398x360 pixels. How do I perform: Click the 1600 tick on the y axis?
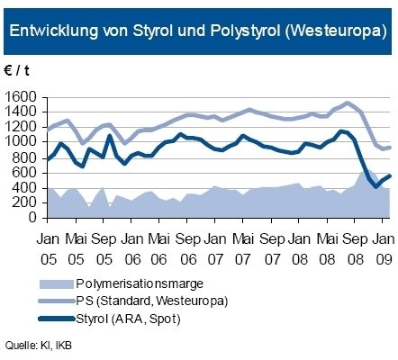click(22, 96)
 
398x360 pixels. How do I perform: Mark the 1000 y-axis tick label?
click(22, 141)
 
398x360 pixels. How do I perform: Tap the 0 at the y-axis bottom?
click(34, 217)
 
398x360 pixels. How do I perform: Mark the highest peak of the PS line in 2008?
click(348, 103)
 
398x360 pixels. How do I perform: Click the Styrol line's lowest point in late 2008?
click(374, 187)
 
